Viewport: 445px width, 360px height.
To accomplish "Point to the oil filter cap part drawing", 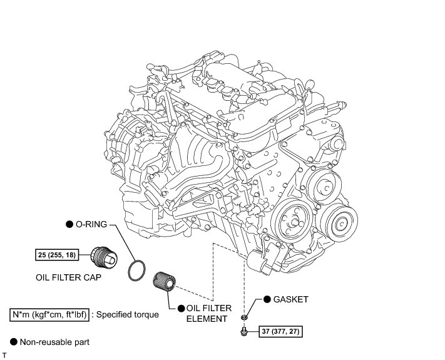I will (102, 256).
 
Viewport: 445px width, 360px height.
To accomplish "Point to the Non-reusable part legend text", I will (54, 342).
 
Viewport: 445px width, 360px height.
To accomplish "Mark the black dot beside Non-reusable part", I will (13, 342).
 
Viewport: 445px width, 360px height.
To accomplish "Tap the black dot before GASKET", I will (267, 300).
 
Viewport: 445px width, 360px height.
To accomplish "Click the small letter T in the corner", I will (4, 355).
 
